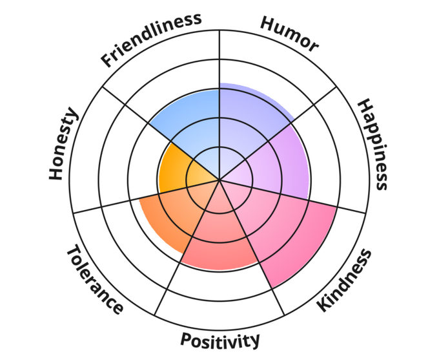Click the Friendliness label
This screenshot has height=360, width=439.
click(x=150, y=39)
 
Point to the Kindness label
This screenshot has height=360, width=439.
click(x=345, y=280)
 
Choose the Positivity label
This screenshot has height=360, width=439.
click(x=220, y=339)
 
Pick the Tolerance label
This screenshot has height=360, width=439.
click(x=95, y=279)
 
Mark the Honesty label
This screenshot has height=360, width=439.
click(x=64, y=145)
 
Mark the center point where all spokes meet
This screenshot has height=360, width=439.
click(x=219, y=180)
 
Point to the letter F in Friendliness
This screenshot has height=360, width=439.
click(x=107, y=61)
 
